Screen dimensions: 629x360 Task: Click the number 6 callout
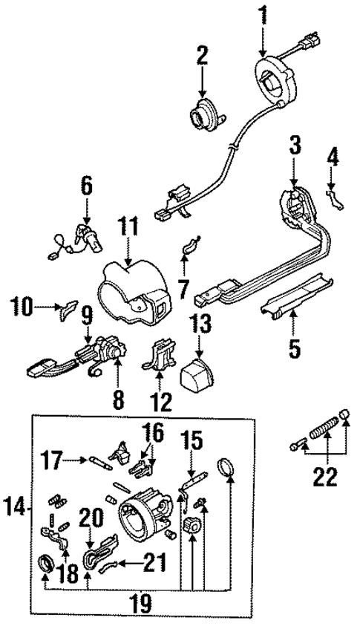pyautogui.click(x=87, y=186)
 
